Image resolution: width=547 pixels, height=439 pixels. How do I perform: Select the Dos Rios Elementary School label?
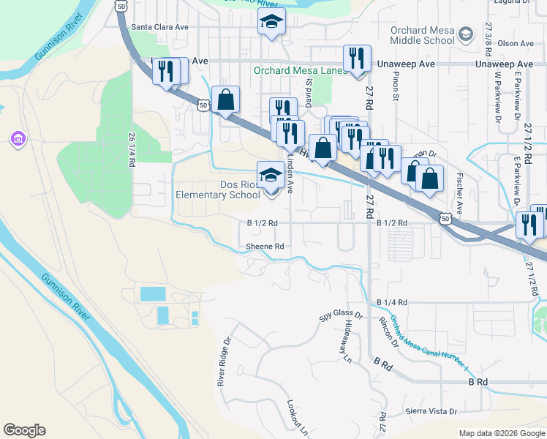(x=218, y=190)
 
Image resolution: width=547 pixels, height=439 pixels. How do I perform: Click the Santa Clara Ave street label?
(x=160, y=27)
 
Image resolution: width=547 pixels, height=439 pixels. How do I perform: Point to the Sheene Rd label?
(x=265, y=247)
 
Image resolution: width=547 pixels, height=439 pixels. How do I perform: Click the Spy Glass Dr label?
(x=340, y=315)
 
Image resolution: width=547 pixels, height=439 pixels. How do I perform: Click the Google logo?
(x=24, y=430)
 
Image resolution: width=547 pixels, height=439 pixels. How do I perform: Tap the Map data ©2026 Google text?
(x=502, y=433)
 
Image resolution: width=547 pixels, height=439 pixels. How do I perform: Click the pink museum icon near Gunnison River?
(x=18, y=138)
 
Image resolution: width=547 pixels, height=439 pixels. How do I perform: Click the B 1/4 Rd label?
(x=391, y=302)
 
